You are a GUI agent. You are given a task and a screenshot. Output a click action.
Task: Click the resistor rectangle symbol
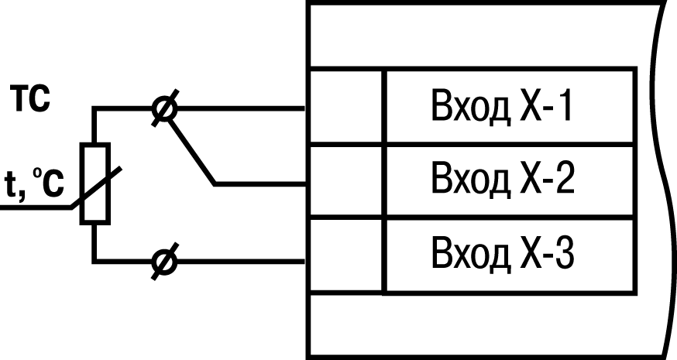click(95, 183)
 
